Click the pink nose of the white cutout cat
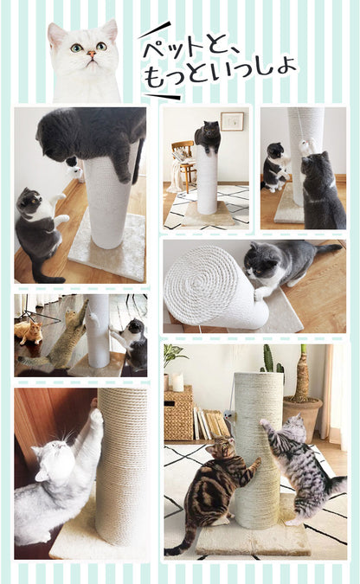[x=91, y=54]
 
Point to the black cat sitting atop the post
[x=208, y=136]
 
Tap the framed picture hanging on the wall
[x=231, y=121]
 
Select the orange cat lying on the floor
[x=29, y=331]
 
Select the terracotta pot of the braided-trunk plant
[x=303, y=415]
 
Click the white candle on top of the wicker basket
[x=178, y=382]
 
